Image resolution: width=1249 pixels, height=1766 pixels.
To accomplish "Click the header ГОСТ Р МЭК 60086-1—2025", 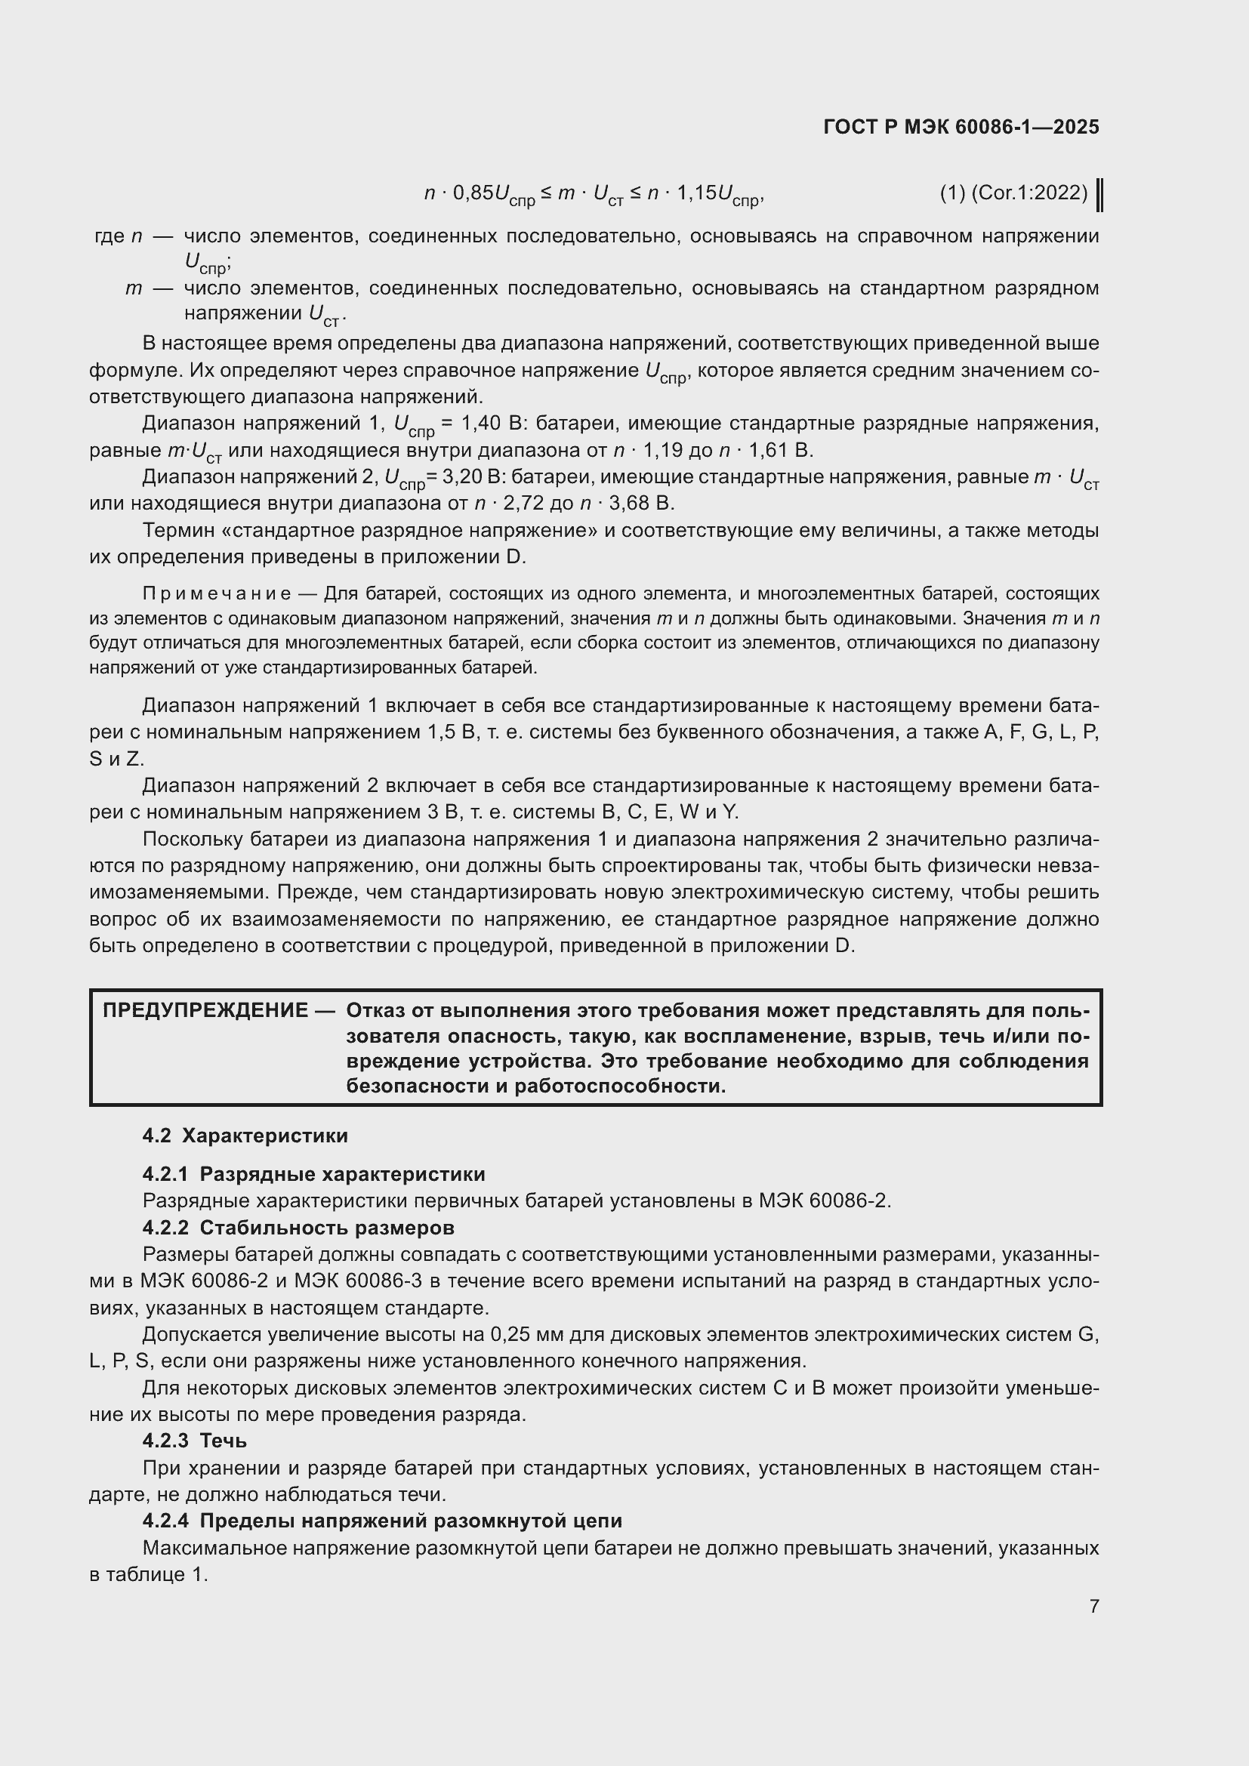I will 961,127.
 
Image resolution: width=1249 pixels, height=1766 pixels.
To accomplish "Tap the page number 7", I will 1093,1606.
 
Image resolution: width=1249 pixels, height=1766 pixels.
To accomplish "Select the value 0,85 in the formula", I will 472,193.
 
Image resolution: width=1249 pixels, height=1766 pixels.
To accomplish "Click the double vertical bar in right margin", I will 1099,196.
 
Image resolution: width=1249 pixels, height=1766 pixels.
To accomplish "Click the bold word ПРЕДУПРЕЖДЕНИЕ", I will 205,1011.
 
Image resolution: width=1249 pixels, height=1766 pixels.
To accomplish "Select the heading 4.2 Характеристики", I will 245,1136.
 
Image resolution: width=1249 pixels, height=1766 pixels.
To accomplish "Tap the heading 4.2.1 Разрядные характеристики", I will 313,1174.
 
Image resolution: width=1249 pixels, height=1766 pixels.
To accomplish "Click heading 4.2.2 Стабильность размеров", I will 298,1228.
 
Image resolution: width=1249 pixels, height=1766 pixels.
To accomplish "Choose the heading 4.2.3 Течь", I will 194,1441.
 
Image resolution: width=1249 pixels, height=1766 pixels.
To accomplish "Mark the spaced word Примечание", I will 217,593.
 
